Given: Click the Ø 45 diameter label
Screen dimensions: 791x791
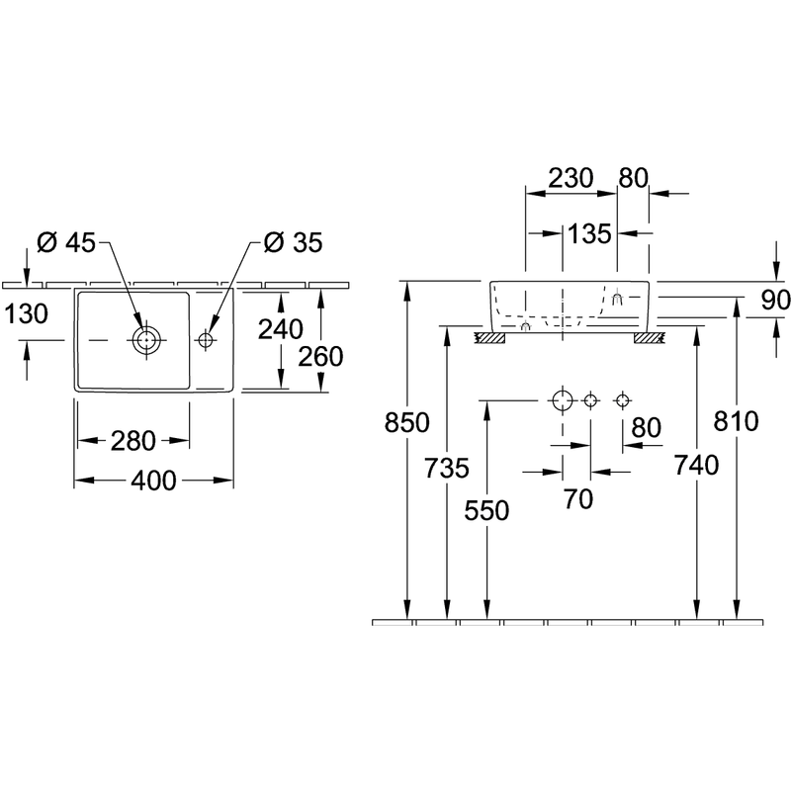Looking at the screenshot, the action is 66,242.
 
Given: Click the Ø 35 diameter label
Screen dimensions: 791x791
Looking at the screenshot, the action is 293,242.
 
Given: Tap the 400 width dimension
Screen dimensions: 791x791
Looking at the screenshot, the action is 153,481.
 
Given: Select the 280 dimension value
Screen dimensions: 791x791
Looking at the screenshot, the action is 133,441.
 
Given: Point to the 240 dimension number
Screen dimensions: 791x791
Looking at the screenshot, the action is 281,329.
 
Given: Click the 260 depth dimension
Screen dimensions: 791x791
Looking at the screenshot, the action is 320,357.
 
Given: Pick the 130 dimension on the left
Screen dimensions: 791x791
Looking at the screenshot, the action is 26,313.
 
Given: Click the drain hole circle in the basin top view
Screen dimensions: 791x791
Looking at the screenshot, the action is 146,340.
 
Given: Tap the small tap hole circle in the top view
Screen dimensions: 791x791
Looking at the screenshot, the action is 205,340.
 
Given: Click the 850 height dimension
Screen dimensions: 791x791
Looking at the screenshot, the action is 406,422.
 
